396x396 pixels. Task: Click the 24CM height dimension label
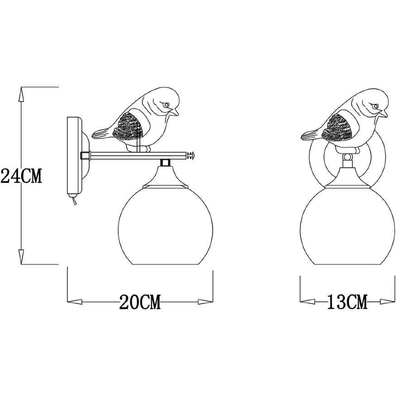[x=21, y=176]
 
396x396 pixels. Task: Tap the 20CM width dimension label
[x=140, y=302]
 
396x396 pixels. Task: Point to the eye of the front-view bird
[x=374, y=106]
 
